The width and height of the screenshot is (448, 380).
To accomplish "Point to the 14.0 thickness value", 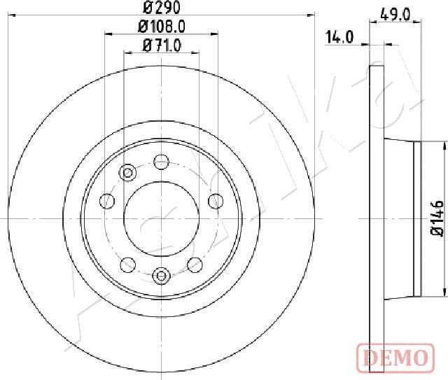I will [339, 38].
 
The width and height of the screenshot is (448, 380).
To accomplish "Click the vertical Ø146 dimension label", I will [436, 218].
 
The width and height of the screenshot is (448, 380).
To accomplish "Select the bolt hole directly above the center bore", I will [160, 161].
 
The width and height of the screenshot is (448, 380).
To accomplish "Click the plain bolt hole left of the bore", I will [107, 202].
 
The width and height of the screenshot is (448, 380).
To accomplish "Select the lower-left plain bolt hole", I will [127, 264].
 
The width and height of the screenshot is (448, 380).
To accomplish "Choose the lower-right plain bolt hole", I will [195, 264].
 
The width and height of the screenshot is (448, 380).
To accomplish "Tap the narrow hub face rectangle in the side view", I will [418, 218].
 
